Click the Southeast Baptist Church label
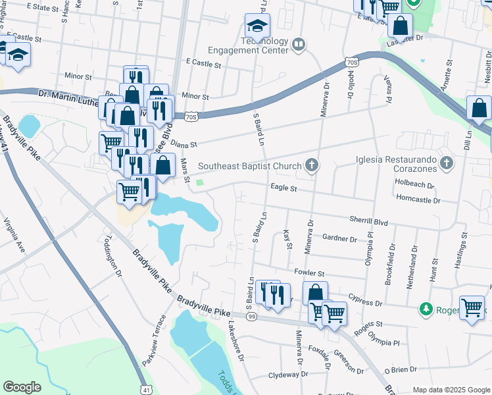[x=249, y=167]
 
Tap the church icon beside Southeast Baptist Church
[x=312, y=166]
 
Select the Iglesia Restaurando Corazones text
[x=395, y=163]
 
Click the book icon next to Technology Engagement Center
[x=299, y=45]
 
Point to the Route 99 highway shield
[x=252, y=317]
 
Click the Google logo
[x=22, y=387]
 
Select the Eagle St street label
[x=284, y=188]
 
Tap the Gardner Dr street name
[x=339, y=239]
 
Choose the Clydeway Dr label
[x=287, y=375]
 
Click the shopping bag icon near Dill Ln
[x=480, y=109]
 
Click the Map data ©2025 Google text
[x=451, y=390]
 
